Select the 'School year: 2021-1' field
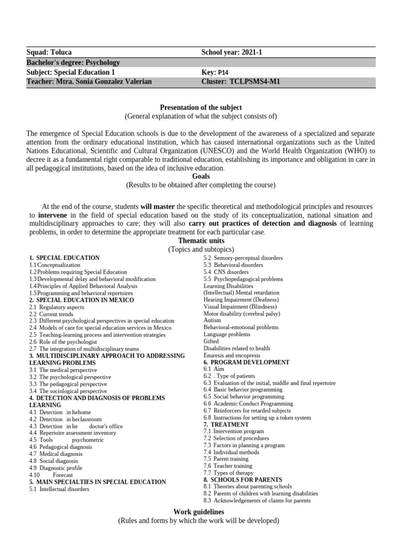[x=233, y=53]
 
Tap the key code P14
[x=224, y=73]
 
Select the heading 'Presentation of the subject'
[x=200, y=107]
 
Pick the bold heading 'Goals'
[x=200, y=176]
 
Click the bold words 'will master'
[x=158, y=206]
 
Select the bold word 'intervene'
[x=53, y=215]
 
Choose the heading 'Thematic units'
[x=200, y=240]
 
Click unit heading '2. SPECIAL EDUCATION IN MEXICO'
[x=81, y=300]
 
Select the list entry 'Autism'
[x=212, y=320]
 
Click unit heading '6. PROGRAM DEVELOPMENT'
[x=246, y=362]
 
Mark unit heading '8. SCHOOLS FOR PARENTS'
[x=242, y=479]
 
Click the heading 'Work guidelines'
[x=198, y=511]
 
